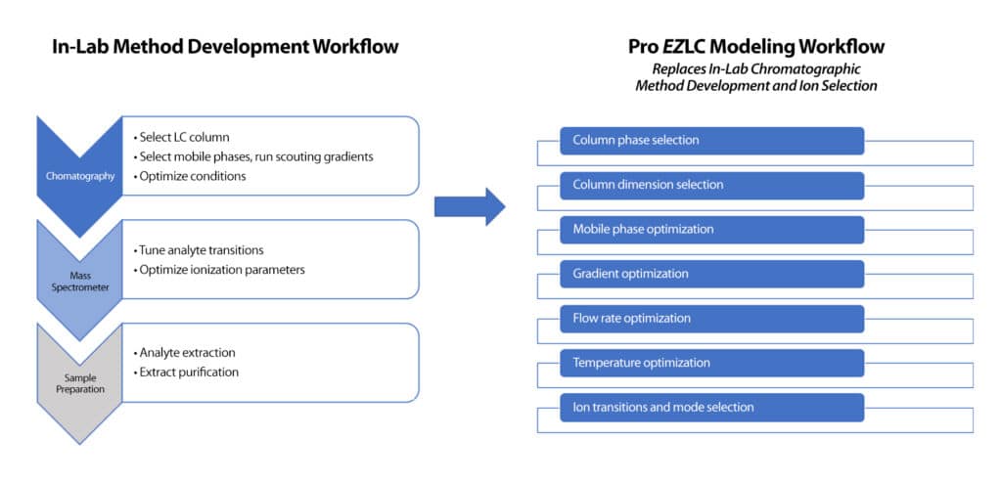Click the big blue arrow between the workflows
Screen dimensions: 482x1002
(469, 205)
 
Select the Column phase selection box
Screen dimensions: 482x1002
(711, 141)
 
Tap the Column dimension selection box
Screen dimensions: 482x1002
(711, 185)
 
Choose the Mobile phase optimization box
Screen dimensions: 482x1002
(711, 230)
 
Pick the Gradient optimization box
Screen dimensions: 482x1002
(711, 274)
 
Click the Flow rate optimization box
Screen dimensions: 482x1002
(711, 319)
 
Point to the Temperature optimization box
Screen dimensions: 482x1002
(711, 363)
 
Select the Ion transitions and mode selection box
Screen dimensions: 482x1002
(711, 408)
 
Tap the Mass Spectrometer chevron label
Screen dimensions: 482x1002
(77, 280)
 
